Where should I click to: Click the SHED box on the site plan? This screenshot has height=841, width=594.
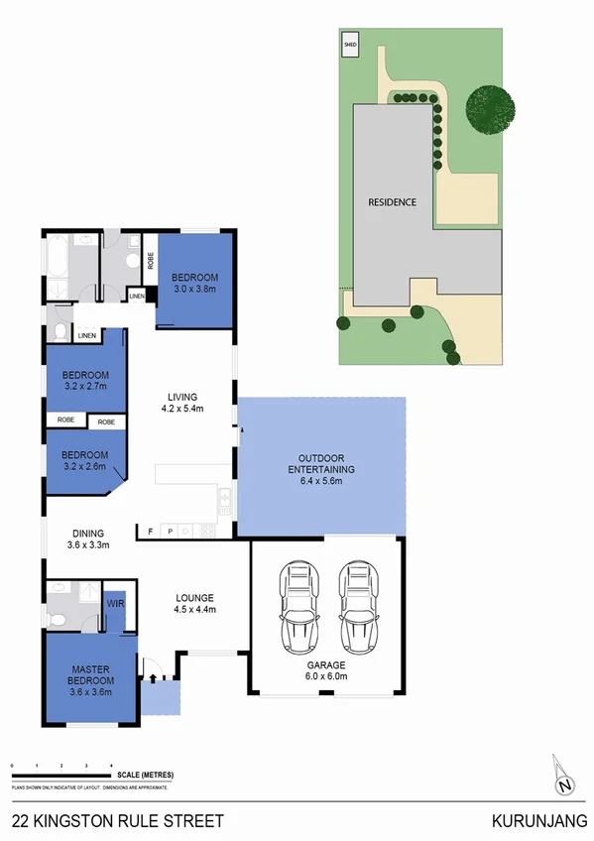[x=350, y=45]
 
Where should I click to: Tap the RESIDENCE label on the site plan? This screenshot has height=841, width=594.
[x=392, y=201]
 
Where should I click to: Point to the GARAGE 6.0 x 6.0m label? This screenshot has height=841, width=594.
[x=326, y=669]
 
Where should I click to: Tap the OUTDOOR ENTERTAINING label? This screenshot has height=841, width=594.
[x=321, y=474]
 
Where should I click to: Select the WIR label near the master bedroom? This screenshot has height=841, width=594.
[x=114, y=602]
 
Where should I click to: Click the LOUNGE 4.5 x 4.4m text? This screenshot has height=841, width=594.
[x=195, y=603]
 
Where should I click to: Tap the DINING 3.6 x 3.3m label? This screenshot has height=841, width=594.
[x=87, y=539]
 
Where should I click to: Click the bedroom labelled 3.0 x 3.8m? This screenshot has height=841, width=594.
[x=194, y=283]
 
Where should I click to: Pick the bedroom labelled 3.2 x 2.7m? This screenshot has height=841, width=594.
[x=85, y=381]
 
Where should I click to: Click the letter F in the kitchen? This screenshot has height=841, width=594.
[x=151, y=531]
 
